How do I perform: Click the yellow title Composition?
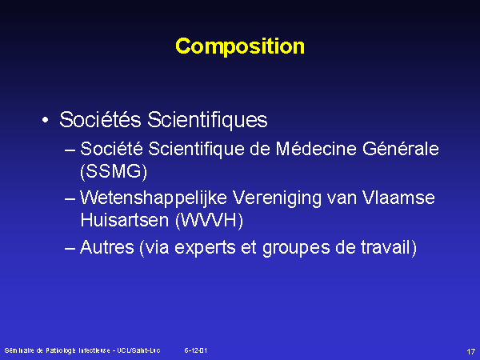(240, 46)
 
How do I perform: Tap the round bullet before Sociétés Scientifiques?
(46, 120)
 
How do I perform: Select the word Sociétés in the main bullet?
(100, 119)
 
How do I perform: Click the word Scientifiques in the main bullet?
(207, 120)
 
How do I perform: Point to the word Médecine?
(316, 149)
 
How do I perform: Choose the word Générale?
(401, 149)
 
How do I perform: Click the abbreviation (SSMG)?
(114, 171)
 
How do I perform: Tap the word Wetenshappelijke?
(154, 198)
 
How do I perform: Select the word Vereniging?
(277, 198)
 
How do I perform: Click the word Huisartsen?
(125, 220)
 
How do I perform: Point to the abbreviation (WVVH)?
(210, 221)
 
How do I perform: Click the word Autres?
(107, 246)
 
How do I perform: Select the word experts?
(205, 248)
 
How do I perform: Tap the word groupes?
(296, 248)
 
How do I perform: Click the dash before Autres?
(70, 248)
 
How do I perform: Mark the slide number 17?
(471, 351)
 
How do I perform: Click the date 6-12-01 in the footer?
(196, 350)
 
